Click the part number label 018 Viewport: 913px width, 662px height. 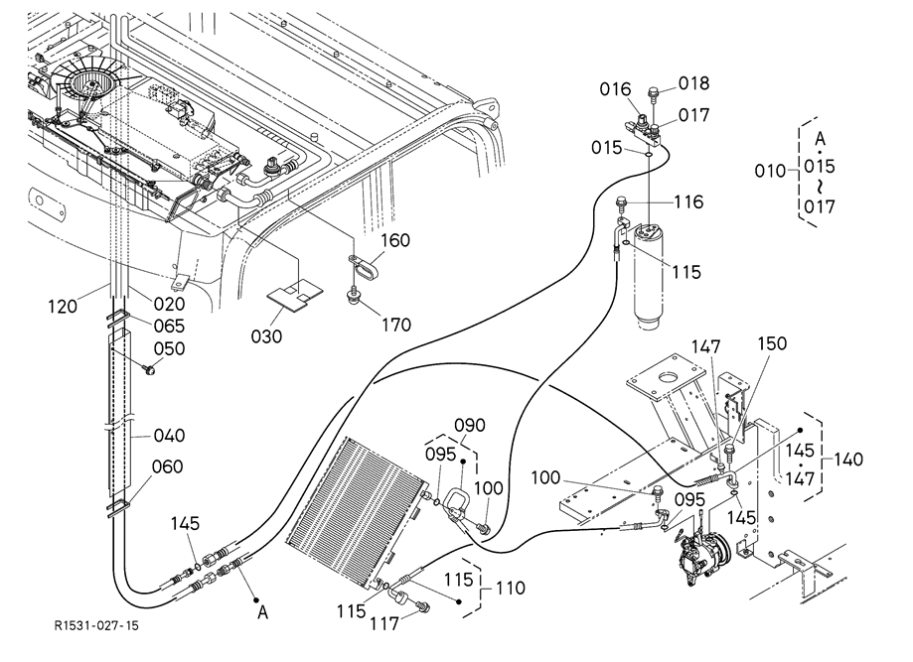pos(694,82)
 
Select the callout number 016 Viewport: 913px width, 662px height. pos(616,89)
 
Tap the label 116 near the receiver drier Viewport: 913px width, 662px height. pos(687,202)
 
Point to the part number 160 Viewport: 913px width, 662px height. pos(394,242)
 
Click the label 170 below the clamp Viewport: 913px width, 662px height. pos(395,324)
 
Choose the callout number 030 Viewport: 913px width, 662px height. pos(266,336)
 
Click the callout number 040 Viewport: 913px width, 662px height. pos(170,435)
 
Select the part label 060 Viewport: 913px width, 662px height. pos(168,467)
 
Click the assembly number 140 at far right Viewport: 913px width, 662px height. pos(849,460)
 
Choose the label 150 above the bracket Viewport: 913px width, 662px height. pos(772,343)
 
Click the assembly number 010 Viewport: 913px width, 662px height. pos(771,172)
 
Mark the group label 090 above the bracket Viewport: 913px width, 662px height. pos(469,425)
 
